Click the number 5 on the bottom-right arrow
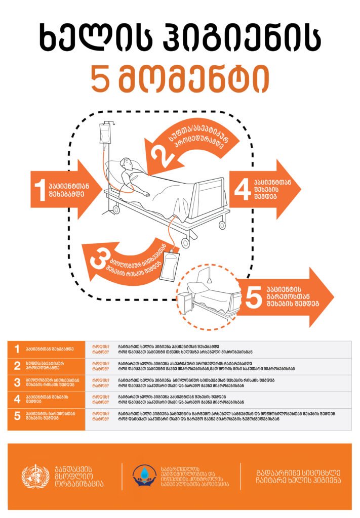pyautogui.click(x=252, y=298)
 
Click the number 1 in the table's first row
pyautogui.click(x=17, y=349)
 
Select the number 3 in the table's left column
pyautogui.click(x=17, y=383)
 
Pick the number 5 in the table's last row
pyautogui.click(x=17, y=416)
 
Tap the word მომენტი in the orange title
pyautogui.click(x=194, y=79)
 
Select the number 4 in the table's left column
pyautogui.click(x=17, y=399)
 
